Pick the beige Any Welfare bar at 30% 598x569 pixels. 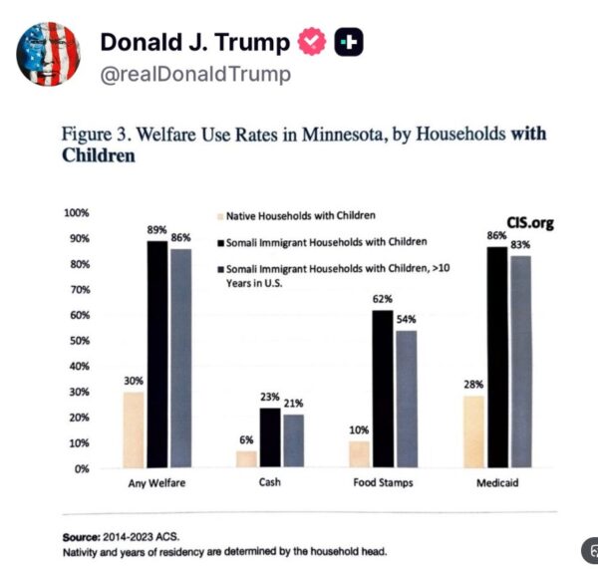pyautogui.click(x=133, y=429)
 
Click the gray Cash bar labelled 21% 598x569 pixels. pyautogui.click(x=292, y=440)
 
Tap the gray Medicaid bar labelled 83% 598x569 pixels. pyautogui.click(x=520, y=361)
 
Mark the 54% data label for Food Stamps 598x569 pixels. pyautogui.click(x=405, y=320)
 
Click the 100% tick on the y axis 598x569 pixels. pyautogui.click(x=77, y=212)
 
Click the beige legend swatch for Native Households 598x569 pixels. pyautogui.click(x=219, y=214)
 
